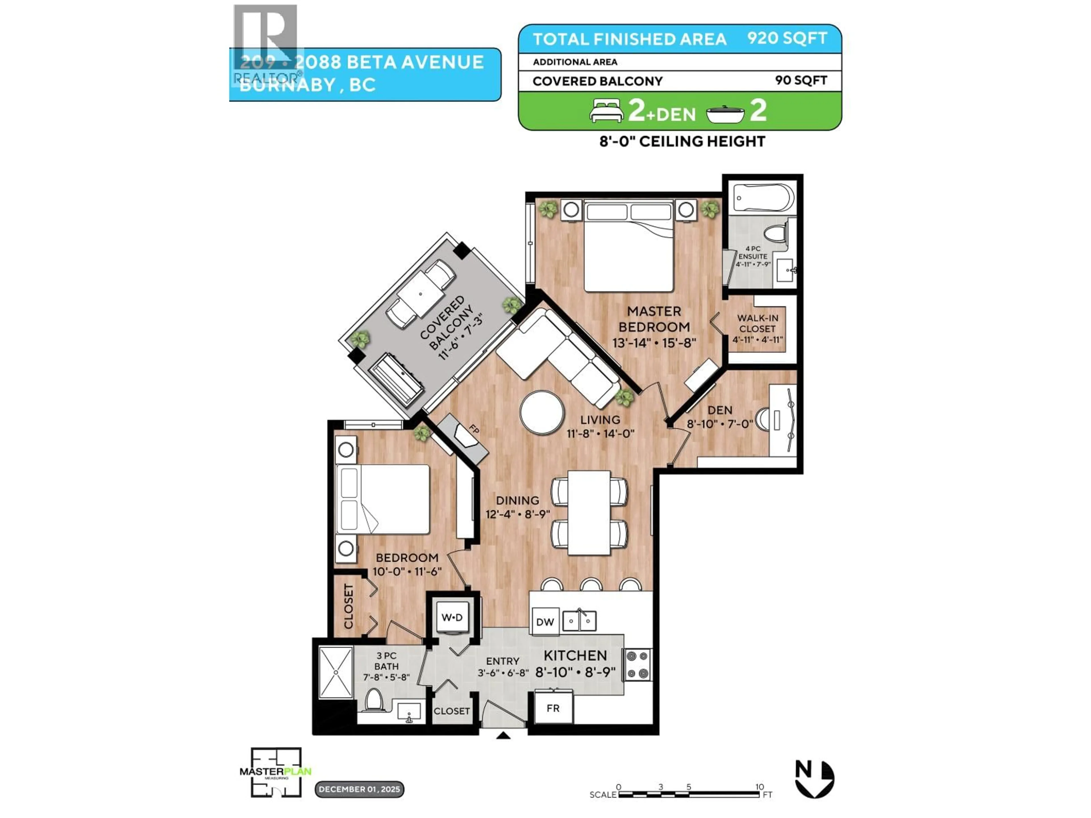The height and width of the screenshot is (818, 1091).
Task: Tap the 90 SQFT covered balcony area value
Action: (x=801, y=80)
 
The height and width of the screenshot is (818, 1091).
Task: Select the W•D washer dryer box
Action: (x=452, y=617)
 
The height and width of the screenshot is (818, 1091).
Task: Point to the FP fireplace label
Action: (x=474, y=429)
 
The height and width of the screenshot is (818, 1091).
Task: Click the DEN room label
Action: (x=720, y=410)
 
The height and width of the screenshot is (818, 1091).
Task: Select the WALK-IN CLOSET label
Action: (x=757, y=324)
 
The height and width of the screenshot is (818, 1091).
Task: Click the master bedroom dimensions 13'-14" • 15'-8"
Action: (x=654, y=342)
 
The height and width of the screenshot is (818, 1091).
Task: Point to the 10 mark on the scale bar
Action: (x=759, y=787)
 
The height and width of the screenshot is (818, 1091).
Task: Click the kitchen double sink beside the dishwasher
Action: (x=580, y=621)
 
